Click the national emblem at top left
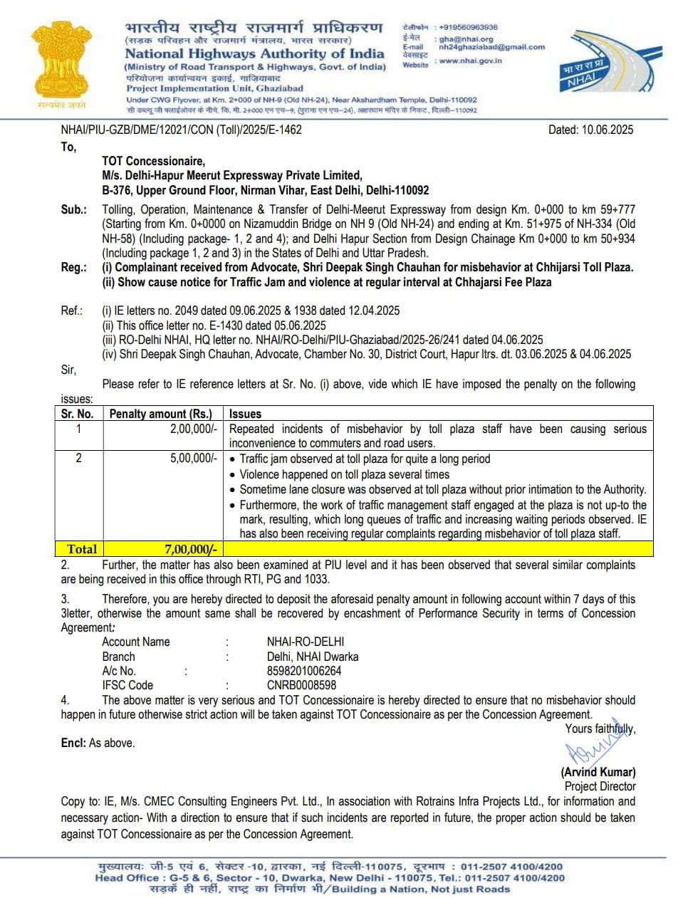point(58,66)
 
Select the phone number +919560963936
point(469,27)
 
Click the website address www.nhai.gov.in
point(471,61)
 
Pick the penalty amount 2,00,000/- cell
point(194,429)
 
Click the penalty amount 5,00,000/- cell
point(194,459)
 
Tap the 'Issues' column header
point(245,414)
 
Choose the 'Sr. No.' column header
point(77,414)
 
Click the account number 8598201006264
point(304,671)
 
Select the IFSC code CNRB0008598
point(302,685)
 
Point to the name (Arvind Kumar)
point(598,772)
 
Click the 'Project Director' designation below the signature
point(600,786)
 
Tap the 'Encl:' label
point(73,743)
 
